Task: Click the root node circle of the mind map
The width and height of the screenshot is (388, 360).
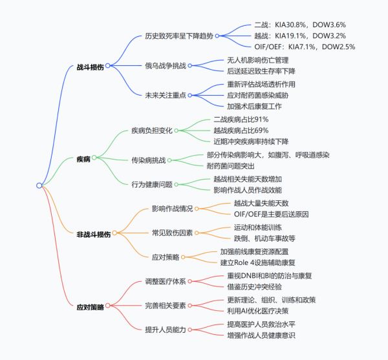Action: [39, 185]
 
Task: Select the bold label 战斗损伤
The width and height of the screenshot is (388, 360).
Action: [90, 67]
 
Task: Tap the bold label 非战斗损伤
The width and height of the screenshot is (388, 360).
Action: [94, 234]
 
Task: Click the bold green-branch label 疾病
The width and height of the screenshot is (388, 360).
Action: [83, 159]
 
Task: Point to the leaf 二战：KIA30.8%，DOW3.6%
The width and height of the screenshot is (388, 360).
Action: [300, 25]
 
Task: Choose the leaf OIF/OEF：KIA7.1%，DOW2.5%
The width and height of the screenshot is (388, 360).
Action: [305, 47]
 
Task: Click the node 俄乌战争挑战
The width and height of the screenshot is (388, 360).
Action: [166, 66]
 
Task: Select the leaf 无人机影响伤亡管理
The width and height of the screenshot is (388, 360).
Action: [258, 60]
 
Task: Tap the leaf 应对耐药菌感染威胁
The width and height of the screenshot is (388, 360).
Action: [258, 95]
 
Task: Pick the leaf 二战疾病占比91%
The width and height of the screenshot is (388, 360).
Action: [241, 120]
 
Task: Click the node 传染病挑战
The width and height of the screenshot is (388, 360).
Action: [149, 160]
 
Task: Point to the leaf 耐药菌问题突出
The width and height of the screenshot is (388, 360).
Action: [231, 166]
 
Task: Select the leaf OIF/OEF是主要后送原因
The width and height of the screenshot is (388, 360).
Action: [271, 214]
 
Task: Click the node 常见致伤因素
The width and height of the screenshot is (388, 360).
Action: [172, 233]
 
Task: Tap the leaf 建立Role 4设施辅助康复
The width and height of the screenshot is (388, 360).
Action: [257, 262]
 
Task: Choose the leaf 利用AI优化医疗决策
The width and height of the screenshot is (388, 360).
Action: [258, 311]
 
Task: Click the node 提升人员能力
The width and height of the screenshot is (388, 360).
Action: [166, 330]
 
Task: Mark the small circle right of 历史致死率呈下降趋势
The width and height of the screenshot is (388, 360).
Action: [217, 36]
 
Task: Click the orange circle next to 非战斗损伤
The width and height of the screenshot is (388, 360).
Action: [114, 233]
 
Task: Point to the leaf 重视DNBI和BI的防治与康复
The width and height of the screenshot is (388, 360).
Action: [270, 276]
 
